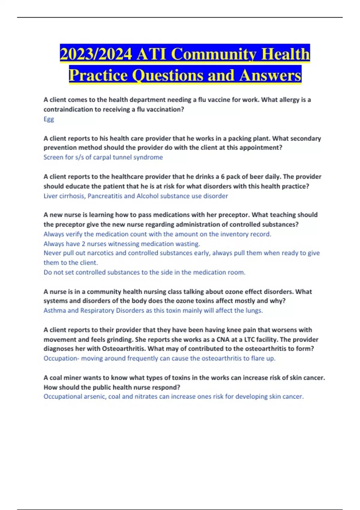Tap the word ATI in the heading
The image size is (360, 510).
151,54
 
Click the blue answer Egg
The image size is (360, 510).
49,119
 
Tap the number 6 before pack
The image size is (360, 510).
223,176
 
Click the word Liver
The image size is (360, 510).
50,196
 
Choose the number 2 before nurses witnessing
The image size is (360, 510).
83,244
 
